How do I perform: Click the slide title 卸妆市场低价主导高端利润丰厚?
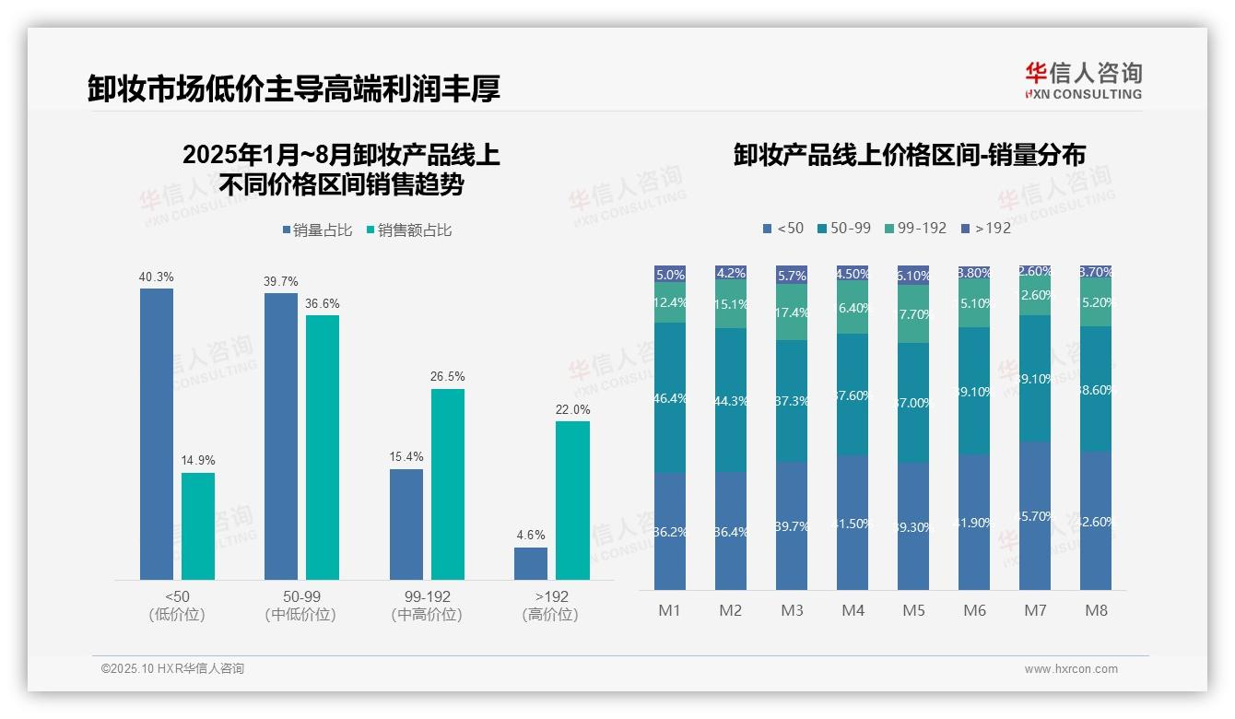point(294,88)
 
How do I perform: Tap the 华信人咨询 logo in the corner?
point(1083,80)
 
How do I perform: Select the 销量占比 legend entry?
point(317,230)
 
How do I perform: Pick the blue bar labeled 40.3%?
point(157,433)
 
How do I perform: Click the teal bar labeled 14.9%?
point(198,525)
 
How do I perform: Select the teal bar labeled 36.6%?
point(323,447)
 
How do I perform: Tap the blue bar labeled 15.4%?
point(406,524)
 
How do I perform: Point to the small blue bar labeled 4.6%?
point(531,563)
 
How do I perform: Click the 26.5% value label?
point(448,377)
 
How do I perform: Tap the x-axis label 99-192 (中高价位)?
point(427,606)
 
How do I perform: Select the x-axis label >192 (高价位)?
point(550,606)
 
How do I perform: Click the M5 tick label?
point(913,610)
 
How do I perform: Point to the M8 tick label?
point(1096,610)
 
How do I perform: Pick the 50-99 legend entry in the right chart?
point(842,228)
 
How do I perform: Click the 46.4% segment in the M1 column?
point(670,397)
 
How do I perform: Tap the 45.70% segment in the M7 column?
point(1035,515)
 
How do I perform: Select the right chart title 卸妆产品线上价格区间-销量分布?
point(909,155)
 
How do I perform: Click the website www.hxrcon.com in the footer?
point(1071,669)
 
